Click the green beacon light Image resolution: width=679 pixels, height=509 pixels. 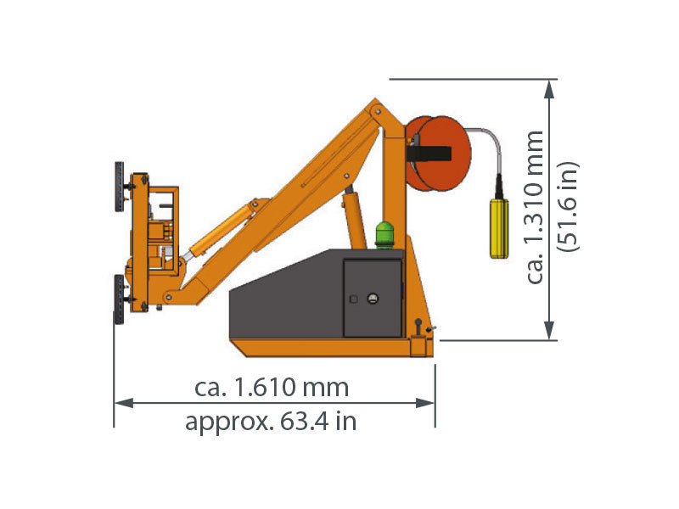coord(384,235)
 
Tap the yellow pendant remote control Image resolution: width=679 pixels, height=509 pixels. coord(499,228)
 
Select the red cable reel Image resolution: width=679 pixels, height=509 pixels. coord(438,154)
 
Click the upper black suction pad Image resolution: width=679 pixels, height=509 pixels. coord(119,187)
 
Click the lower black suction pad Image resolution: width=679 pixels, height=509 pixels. coord(119,299)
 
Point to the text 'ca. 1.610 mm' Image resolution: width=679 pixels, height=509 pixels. coord(272,387)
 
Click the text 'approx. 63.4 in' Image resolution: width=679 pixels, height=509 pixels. coord(271,421)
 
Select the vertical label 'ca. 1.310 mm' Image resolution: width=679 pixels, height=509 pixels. coord(535,207)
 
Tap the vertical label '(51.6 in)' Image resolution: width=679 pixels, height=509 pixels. coord(568,206)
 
